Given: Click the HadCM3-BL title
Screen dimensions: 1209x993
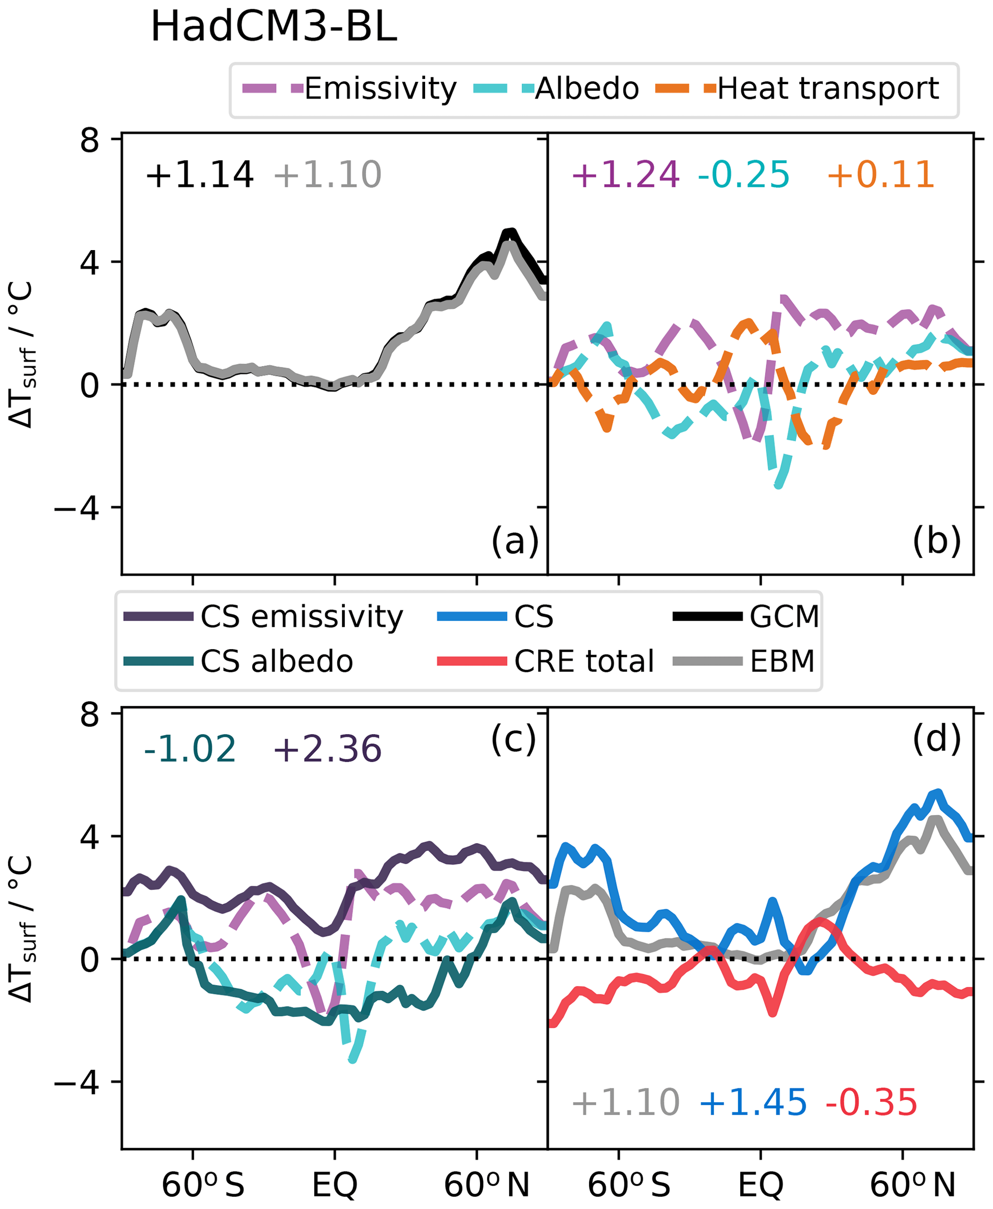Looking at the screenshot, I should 273,27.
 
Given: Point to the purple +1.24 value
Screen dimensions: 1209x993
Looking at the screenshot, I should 625,175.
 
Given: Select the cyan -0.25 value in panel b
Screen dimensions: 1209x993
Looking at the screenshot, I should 743,175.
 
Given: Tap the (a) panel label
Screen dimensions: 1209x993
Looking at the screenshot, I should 515,541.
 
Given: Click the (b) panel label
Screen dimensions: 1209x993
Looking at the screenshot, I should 936,541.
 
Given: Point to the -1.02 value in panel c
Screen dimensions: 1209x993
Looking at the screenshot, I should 189,749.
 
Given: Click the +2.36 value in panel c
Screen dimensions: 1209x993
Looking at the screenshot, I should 327,749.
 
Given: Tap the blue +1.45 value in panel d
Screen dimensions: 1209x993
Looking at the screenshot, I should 753,1103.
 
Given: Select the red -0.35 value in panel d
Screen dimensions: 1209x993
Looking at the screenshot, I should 871,1103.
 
